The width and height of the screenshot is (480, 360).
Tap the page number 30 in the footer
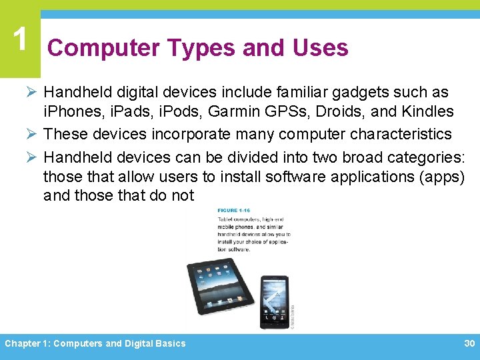pos(469,343)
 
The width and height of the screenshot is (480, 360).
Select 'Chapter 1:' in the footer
pos(27,344)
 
